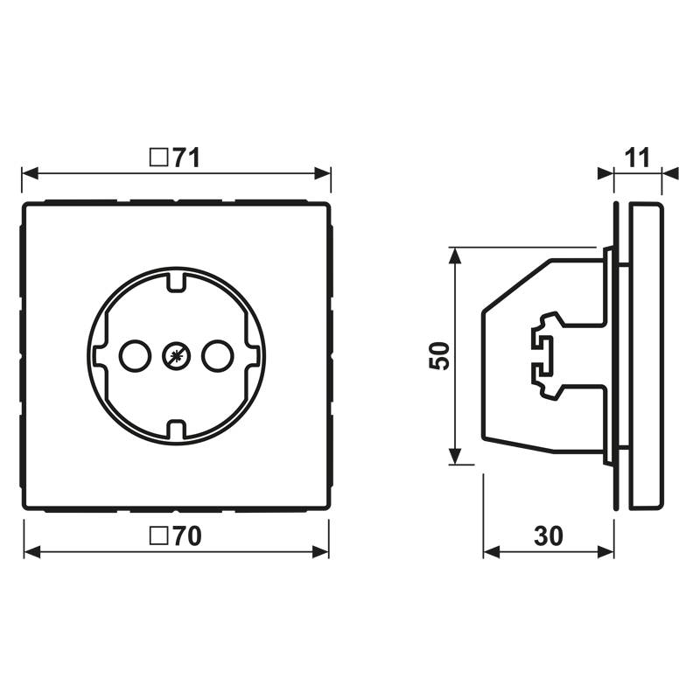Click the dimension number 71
186,157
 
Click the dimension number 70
186,536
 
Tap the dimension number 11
637,157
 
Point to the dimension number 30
549,536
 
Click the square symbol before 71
158,157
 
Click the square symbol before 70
158,536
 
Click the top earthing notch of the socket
176,282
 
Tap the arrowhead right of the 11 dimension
669,173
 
